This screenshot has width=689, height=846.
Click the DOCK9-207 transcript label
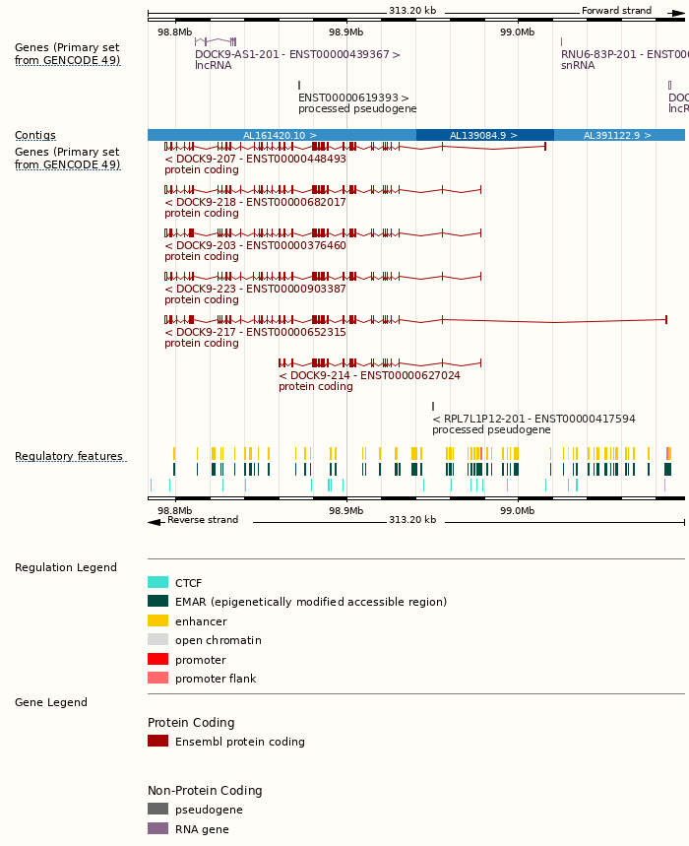tap(255, 159)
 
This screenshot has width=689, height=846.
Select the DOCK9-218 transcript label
tap(255, 202)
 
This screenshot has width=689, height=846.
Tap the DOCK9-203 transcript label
tap(255, 245)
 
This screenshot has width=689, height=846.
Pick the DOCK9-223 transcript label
tap(255, 289)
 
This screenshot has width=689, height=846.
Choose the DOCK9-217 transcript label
tap(255, 332)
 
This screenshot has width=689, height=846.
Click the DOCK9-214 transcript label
tap(369, 375)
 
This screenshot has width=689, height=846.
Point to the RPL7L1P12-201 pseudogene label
tap(533, 419)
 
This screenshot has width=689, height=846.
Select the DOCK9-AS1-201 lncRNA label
tap(297, 54)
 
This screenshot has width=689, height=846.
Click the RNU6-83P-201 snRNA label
tap(624, 54)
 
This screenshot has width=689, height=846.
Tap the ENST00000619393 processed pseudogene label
tap(353, 98)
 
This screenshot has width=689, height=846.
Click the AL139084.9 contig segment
tap(484, 135)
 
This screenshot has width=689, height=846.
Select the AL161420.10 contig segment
tap(281, 135)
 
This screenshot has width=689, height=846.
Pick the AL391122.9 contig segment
tap(617, 135)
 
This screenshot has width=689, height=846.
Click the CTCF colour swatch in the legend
tap(157, 583)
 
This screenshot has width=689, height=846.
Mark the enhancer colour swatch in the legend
tap(157, 621)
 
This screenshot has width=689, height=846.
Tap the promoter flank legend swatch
tap(157, 679)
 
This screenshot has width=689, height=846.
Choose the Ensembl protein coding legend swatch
tap(157, 742)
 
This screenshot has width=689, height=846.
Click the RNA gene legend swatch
tap(157, 829)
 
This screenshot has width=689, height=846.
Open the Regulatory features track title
tap(69, 457)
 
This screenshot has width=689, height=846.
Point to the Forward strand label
tap(616, 11)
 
